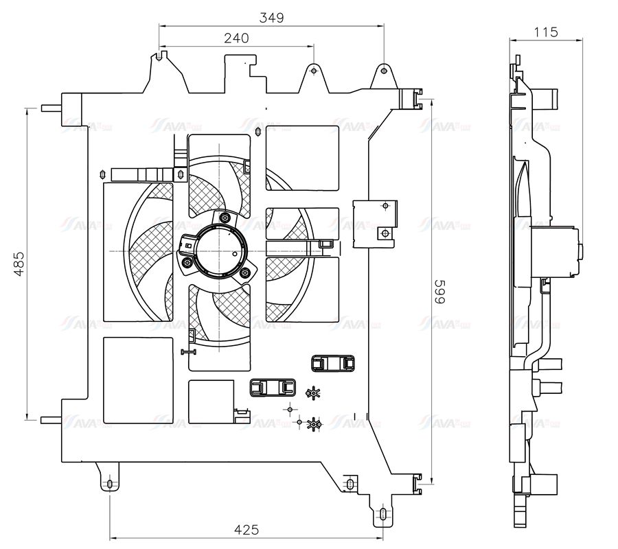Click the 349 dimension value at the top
271,17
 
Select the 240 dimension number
236,39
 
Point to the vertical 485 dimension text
19,264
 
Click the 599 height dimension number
439,291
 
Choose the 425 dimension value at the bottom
246,529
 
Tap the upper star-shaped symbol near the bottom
312,393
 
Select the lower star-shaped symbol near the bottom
314,425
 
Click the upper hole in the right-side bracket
385,206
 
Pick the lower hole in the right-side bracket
385,233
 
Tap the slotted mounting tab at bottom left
109,484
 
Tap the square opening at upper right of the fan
302,158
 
